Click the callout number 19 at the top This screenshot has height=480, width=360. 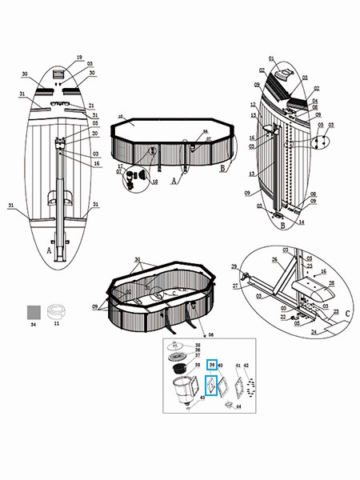click(x=79, y=58)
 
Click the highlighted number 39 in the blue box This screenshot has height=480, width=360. click(x=212, y=366)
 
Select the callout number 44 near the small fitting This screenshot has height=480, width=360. click(x=238, y=407)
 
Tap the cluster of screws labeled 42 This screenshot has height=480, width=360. click(x=252, y=387)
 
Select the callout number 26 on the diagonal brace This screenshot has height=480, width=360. click(x=274, y=258)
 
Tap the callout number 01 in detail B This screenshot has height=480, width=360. click(x=271, y=58)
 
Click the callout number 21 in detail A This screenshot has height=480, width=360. click(x=92, y=106)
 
